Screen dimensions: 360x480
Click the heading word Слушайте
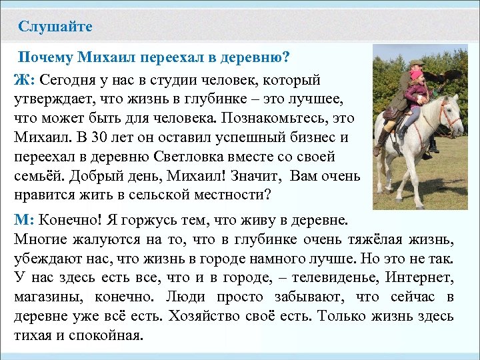pyautogui.click(x=55, y=27)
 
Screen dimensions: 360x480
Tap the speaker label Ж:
pyautogui.click(x=24, y=81)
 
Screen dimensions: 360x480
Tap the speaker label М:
pyautogui.click(x=25, y=219)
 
